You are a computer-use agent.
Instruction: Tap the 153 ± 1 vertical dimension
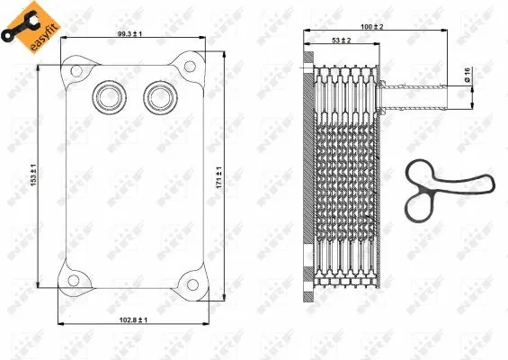pos(33,175)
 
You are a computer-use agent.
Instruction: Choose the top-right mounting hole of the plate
pos(190,65)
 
